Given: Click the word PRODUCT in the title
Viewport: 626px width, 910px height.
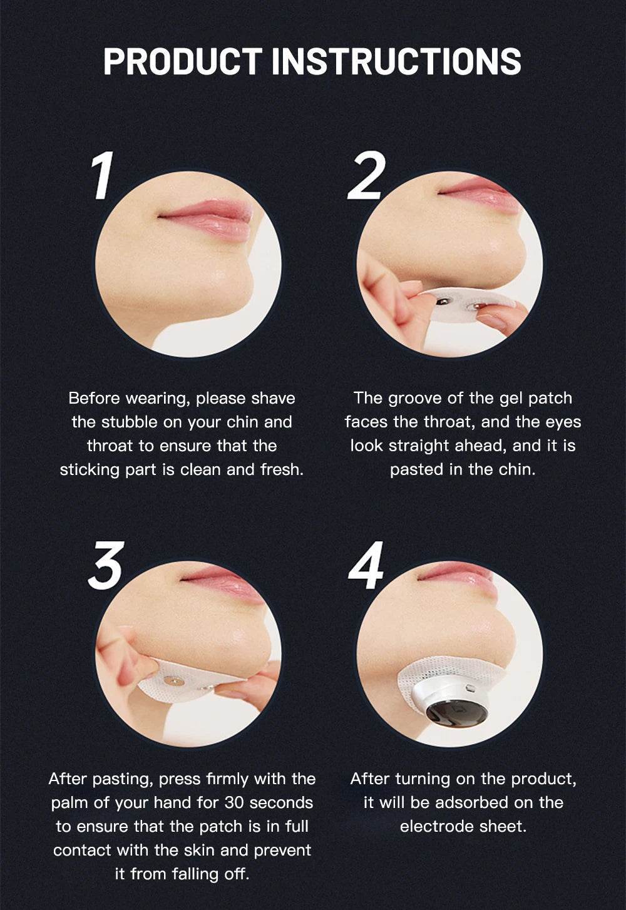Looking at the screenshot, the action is point(183,61).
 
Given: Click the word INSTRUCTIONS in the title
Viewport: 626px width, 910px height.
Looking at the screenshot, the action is point(396,61).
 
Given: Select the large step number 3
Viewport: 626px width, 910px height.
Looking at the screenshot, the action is point(105,566).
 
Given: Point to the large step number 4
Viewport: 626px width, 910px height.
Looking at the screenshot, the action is point(366,566).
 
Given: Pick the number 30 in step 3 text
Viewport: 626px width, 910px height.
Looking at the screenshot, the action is point(234,803).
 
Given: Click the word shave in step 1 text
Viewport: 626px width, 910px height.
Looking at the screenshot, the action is point(273,399).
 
